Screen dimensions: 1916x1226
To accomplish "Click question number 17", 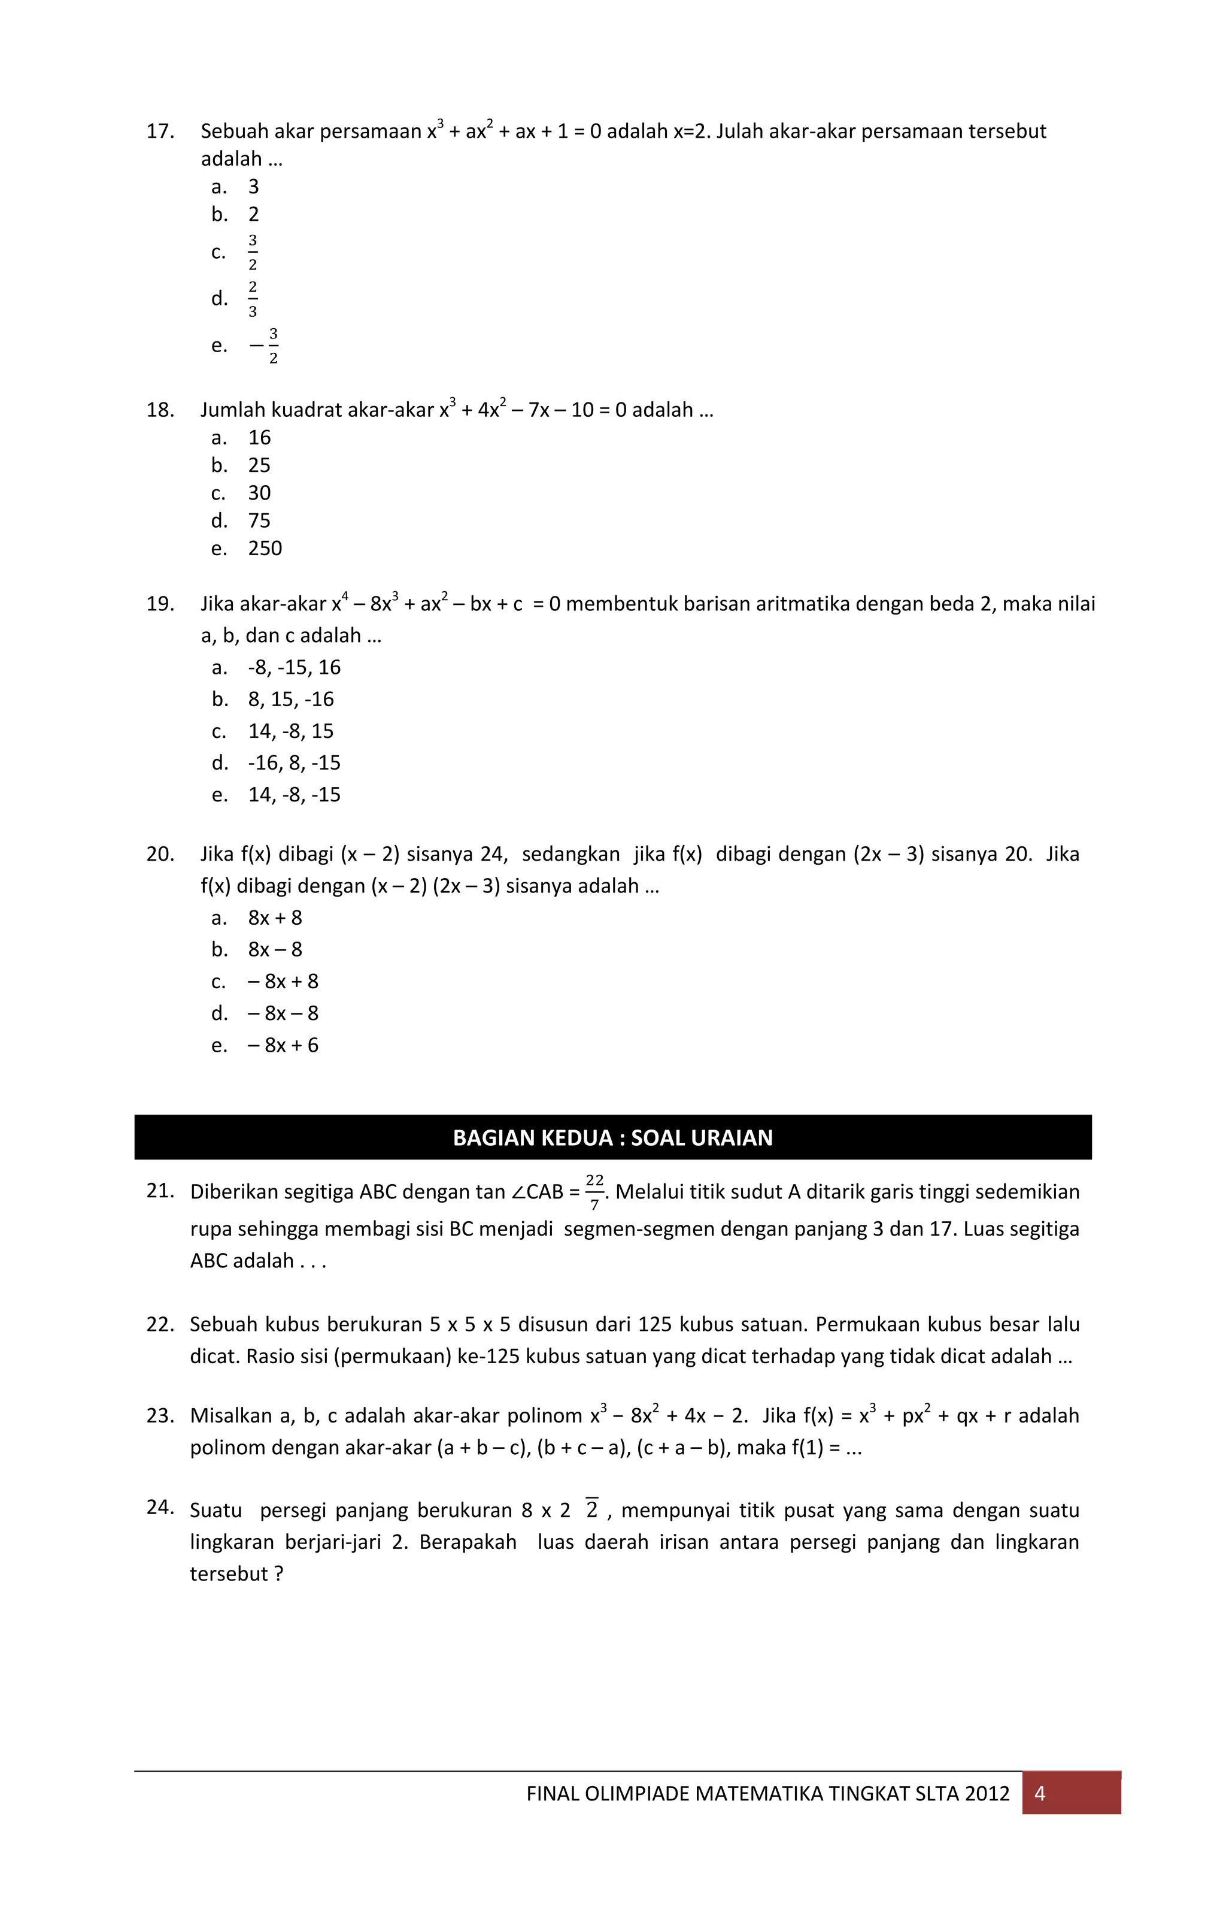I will click(x=160, y=131).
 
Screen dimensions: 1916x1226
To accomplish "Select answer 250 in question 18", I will click(x=265, y=549).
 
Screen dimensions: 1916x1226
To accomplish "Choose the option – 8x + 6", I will click(x=283, y=1046).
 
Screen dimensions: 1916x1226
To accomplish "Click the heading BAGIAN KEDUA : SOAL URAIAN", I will click(x=612, y=1138).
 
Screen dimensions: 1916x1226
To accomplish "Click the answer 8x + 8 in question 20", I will click(x=275, y=918).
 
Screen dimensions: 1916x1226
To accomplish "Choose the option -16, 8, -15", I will click(x=294, y=764).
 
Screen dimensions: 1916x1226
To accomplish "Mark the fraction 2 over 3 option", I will click(x=253, y=299).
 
